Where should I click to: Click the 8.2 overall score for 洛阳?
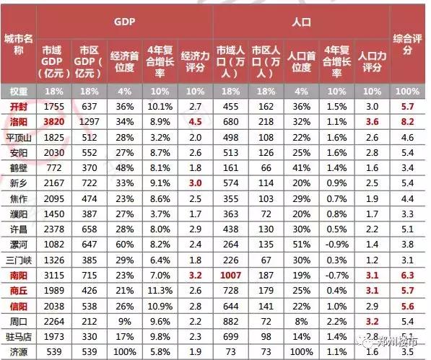point(406,123)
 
